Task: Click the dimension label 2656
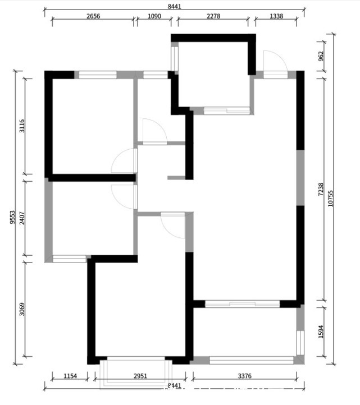click(93, 16)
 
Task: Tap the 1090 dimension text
click(154, 16)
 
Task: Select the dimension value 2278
click(213, 16)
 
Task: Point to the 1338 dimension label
click(276, 16)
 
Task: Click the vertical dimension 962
click(321, 56)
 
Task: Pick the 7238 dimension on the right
click(321, 190)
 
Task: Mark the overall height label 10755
click(331, 198)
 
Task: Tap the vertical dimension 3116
click(22, 126)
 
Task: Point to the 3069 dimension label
click(22, 309)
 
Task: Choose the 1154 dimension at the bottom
click(70, 376)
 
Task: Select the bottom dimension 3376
click(245, 376)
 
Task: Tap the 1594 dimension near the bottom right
click(321, 331)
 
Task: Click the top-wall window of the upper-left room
click(97, 75)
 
